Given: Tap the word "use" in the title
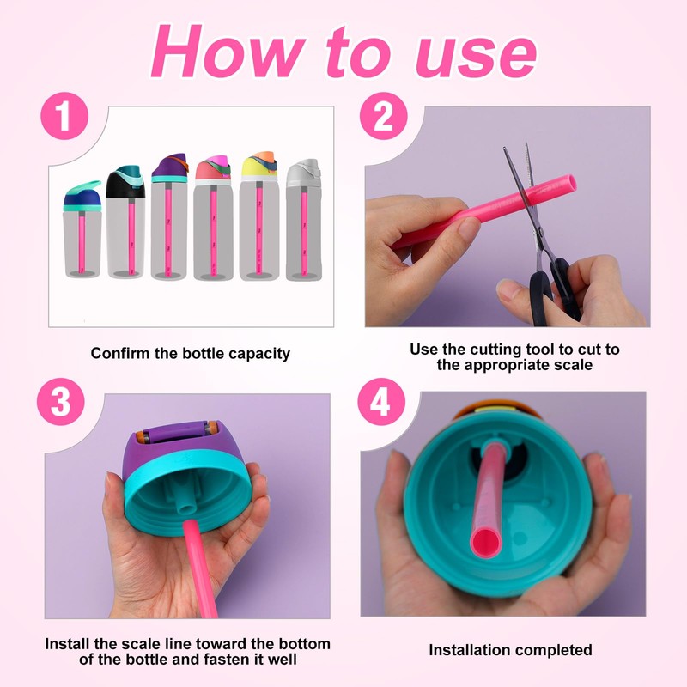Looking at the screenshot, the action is [477, 58].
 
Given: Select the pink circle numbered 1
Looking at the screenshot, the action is [64, 116].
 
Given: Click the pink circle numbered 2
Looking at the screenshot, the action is [383, 116].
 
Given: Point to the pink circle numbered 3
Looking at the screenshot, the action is [61, 401].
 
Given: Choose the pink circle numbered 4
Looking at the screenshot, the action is [381, 401].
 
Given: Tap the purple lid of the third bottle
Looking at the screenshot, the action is [169, 167].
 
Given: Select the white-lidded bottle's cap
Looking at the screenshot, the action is [303, 173].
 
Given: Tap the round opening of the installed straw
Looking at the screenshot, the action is [485, 543].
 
